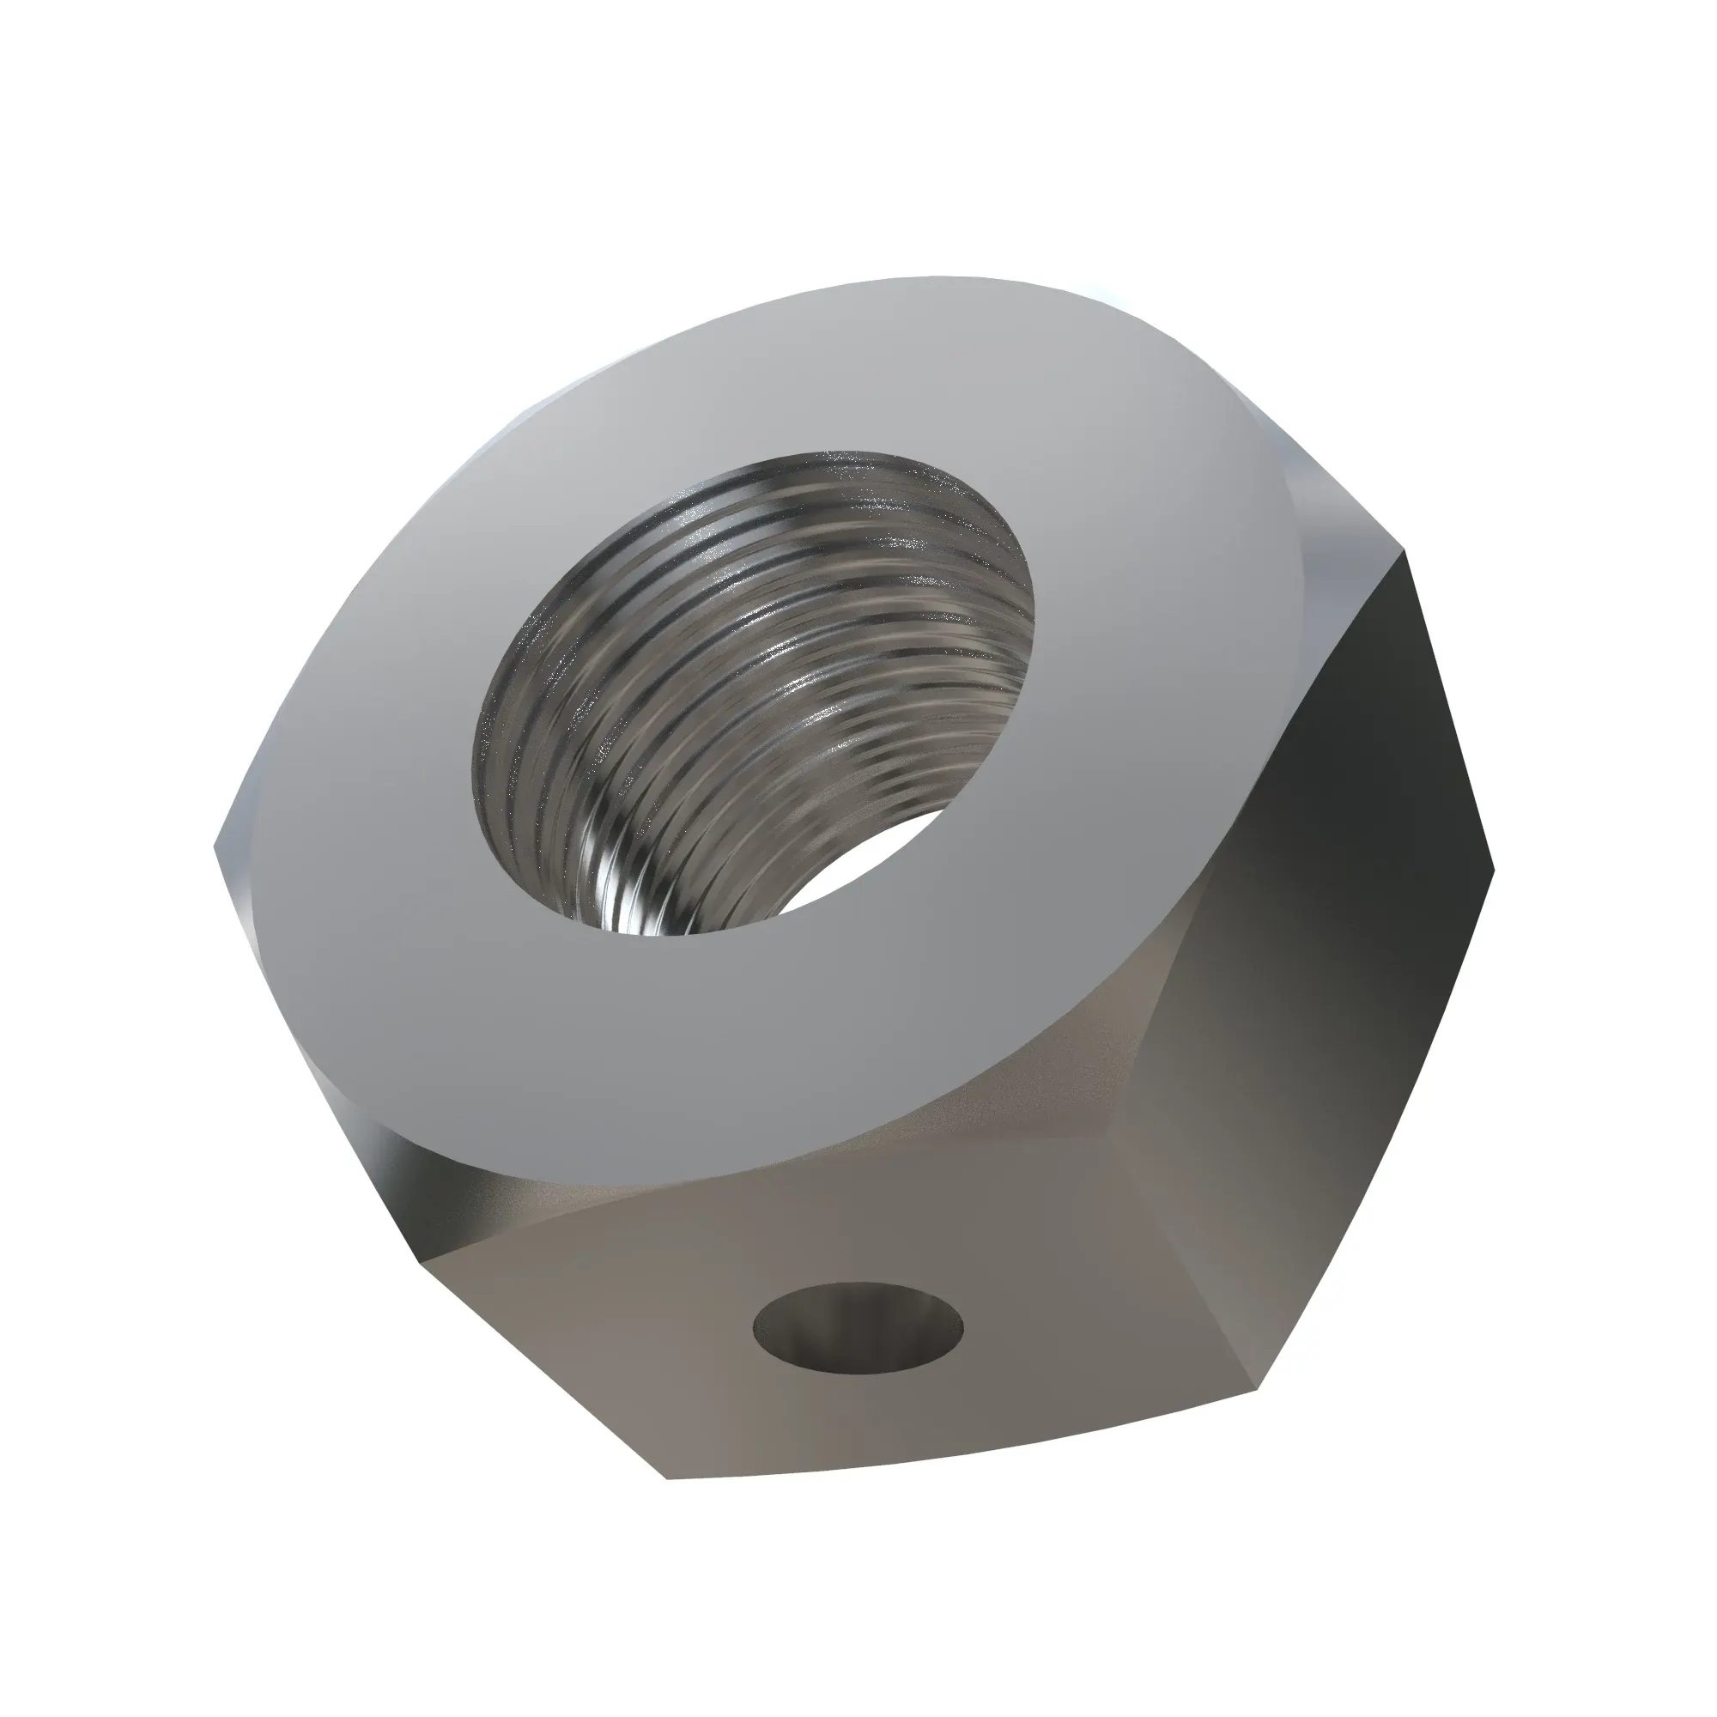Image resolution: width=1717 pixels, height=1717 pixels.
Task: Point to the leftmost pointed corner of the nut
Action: pyautogui.click(x=216, y=844)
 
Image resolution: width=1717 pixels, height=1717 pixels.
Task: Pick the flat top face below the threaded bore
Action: pyautogui.click(x=755, y=1049)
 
